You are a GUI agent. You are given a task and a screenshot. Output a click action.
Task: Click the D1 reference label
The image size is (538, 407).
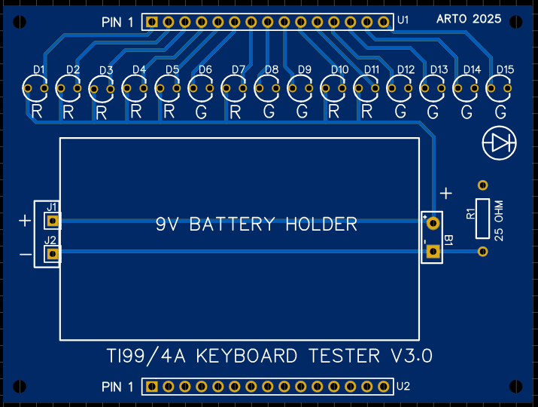[x=39, y=70]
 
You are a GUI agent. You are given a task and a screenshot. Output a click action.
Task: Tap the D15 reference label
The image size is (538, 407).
[x=505, y=70]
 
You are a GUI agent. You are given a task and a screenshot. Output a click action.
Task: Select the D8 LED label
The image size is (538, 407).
[x=272, y=70]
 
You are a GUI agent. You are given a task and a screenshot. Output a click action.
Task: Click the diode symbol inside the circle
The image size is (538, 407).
[x=500, y=142]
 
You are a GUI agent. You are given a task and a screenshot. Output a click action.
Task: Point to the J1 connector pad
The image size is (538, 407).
[x=53, y=221]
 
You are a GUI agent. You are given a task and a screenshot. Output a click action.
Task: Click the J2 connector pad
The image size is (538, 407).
[x=53, y=255]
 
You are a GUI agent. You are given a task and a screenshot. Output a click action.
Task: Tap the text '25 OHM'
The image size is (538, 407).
[x=498, y=218]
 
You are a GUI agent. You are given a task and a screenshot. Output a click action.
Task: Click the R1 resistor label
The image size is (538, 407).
[x=470, y=213]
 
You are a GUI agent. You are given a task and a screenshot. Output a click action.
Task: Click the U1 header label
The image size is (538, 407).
[x=403, y=20]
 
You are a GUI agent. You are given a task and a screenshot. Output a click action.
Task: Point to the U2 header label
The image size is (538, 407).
[x=403, y=387]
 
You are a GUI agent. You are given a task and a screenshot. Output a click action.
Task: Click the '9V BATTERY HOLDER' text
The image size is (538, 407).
[x=256, y=224]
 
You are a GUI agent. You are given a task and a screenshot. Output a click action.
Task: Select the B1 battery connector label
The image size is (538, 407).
[x=448, y=240]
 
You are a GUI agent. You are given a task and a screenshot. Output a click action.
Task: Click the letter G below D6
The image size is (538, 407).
[x=201, y=113]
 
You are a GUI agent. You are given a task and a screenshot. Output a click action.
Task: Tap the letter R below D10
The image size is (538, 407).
[x=334, y=113]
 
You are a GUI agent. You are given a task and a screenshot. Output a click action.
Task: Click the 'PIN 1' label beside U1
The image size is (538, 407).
[x=117, y=23]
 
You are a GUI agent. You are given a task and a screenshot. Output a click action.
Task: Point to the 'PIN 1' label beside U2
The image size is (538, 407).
[x=117, y=387]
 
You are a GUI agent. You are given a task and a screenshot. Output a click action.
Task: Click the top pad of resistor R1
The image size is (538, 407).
[x=483, y=184]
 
